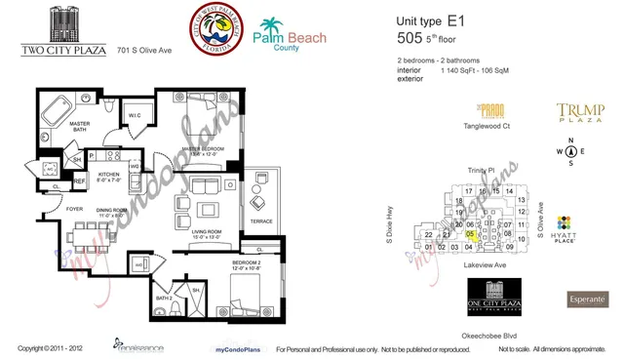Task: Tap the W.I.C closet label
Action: [136, 118]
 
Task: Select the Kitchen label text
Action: [108, 176]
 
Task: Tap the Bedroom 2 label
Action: [246, 262]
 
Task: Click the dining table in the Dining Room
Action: [102, 237]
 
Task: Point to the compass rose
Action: [571, 151]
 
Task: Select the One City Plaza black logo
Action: [498, 294]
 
